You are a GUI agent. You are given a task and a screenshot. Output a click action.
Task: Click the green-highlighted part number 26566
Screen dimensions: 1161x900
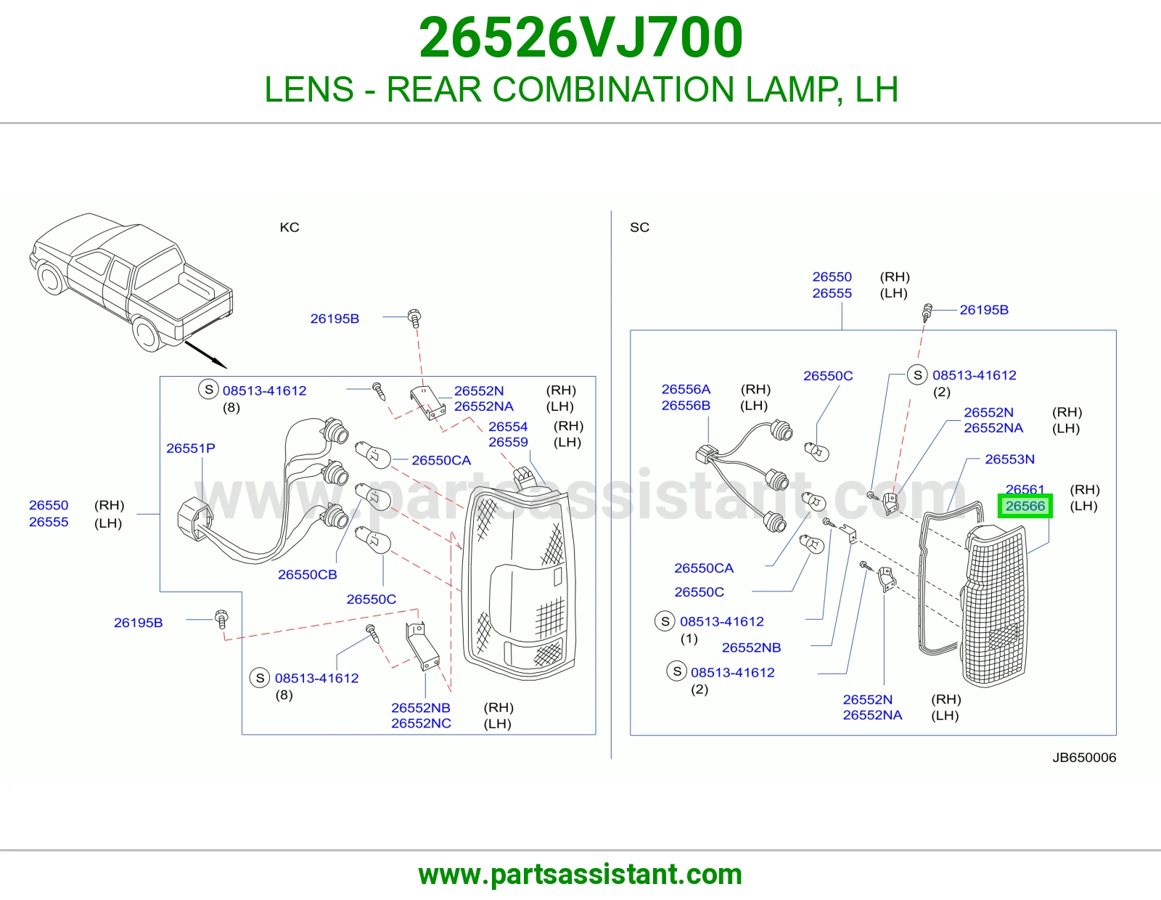click(x=1025, y=506)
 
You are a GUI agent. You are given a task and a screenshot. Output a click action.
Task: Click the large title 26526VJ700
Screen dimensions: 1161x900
click(x=580, y=38)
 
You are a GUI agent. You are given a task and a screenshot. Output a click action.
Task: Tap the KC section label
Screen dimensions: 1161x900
click(x=289, y=227)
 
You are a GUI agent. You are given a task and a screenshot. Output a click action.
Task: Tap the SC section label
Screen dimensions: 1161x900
click(x=639, y=227)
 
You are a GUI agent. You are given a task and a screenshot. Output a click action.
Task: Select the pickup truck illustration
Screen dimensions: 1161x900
click(x=131, y=282)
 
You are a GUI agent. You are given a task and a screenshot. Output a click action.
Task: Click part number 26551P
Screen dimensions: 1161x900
click(x=191, y=448)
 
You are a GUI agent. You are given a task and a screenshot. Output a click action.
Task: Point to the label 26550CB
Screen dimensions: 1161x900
click(x=307, y=574)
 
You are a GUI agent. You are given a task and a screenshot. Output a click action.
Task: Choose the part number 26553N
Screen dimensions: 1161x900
click(x=1009, y=459)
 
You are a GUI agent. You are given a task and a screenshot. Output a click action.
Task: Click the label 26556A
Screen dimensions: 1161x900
click(x=686, y=388)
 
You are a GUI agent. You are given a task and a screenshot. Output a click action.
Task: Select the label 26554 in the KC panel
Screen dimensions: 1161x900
click(x=507, y=426)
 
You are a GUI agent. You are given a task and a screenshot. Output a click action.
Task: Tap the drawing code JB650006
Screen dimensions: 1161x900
click(x=1084, y=757)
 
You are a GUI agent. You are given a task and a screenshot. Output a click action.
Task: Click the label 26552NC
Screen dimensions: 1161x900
click(x=421, y=723)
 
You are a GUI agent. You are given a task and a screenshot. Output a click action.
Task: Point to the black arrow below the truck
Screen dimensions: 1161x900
click(x=205, y=354)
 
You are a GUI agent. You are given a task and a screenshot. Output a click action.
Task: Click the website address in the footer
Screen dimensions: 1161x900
click(x=580, y=875)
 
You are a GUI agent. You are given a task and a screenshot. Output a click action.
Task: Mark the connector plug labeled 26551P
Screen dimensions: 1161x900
click(x=195, y=518)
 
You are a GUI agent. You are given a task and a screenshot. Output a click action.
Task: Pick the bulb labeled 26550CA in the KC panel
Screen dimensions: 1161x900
click(x=374, y=455)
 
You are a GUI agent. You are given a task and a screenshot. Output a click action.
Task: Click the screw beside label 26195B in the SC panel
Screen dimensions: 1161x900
click(x=927, y=312)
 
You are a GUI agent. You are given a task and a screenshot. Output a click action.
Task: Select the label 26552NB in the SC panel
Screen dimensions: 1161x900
click(x=751, y=647)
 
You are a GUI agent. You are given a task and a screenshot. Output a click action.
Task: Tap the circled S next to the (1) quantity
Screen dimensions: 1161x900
click(x=665, y=621)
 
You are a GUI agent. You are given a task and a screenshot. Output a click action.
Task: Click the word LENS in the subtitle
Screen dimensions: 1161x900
click(x=309, y=89)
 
